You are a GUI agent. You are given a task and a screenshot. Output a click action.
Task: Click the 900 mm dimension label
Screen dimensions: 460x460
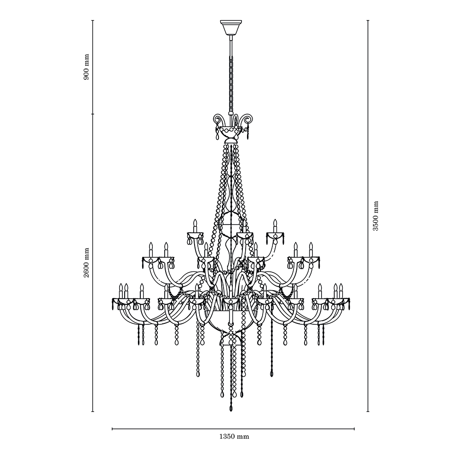point(86,67)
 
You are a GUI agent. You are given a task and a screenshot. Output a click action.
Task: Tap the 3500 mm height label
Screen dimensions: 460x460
point(375,216)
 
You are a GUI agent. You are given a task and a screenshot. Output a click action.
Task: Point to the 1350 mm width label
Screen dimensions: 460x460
point(234,437)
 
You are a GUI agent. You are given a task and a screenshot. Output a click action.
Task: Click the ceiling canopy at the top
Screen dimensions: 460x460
point(231,27)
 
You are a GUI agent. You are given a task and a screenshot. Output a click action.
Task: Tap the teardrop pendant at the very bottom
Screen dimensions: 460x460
point(231,408)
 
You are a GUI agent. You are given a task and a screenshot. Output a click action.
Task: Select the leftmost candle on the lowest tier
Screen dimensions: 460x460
point(121,291)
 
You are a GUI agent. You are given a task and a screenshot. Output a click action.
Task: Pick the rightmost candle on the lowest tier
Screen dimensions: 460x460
point(341,291)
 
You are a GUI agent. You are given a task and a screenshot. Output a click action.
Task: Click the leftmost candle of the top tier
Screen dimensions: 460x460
point(194,226)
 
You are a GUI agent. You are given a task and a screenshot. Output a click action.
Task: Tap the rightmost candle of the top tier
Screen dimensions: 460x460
point(275,226)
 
